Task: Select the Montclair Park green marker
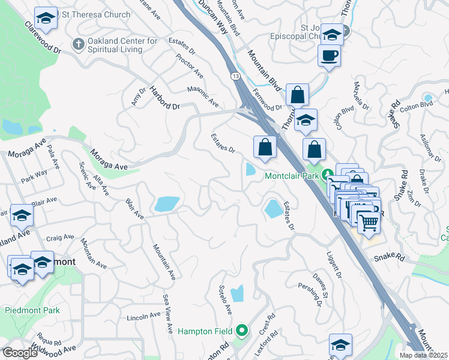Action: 328,175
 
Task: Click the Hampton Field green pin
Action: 242,331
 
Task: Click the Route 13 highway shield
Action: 235,76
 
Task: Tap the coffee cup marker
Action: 329,57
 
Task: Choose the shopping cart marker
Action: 369,223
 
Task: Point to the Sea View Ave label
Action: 167,305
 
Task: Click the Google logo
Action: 20,353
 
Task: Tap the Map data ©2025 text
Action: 424,355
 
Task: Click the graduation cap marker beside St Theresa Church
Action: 46,19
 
